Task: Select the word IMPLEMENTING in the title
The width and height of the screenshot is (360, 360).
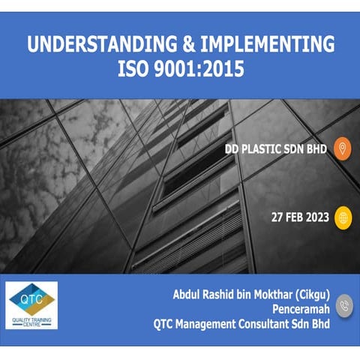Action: (268, 44)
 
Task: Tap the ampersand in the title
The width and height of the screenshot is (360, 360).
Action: (178, 44)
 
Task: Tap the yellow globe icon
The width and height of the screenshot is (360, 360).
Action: (341, 217)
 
